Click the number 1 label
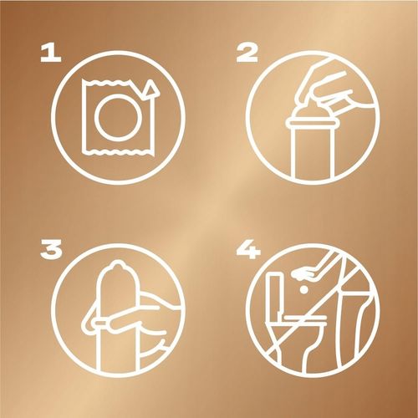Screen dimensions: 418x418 pos(51,54)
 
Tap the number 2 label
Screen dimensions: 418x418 pos(247,54)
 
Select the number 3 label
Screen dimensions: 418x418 pos(51,250)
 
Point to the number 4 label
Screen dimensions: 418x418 pos(248,250)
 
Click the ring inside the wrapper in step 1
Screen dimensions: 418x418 pos(95,117)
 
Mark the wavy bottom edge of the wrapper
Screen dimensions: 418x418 pos(118,151)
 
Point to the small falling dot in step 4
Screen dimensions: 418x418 pos(304,290)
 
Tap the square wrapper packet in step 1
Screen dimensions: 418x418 pos(84,117)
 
